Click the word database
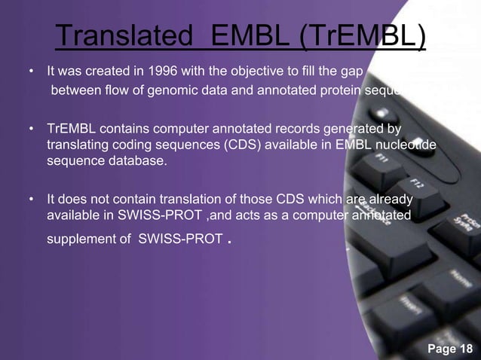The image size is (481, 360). (139, 160)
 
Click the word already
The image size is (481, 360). (390, 200)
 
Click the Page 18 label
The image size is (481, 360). (449, 348)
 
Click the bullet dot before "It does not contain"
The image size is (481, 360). (31, 200)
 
